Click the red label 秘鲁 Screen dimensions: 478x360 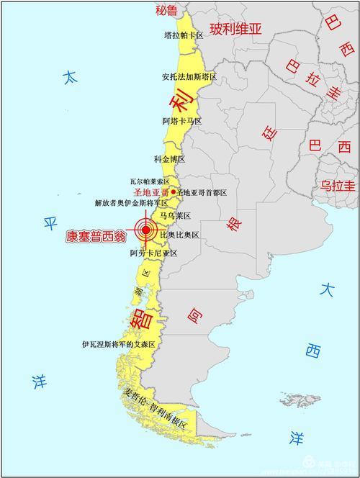tap(167, 10)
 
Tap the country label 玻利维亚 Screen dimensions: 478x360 tap(236, 29)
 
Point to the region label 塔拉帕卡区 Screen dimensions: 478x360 tap(184, 35)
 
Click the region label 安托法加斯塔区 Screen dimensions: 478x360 tap(189, 76)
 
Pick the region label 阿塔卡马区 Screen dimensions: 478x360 tap(182, 121)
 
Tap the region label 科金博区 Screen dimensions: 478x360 tap(170, 158)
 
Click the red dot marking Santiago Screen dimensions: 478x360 tap(173, 192)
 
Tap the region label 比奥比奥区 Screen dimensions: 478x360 tap(179, 235)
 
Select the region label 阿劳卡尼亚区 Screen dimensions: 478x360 tap(153, 253)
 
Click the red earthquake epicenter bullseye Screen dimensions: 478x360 tap(146, 230)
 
